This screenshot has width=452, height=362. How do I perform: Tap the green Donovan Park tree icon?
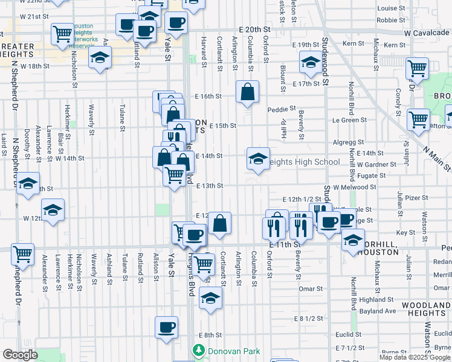click(198, 350)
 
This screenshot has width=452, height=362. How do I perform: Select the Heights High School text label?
click(303, 162)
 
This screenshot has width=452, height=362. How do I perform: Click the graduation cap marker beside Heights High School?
click(258, 159)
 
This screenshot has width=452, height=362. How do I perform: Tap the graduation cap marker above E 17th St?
click(311, 62)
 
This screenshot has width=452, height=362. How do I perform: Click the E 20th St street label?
click(253, 29)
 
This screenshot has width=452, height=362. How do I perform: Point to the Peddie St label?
click(282, 109)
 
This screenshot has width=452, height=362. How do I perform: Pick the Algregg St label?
click(346, 142)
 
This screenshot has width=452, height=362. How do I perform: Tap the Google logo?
click(21, 355)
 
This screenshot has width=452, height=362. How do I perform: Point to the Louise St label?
click(391, 8)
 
